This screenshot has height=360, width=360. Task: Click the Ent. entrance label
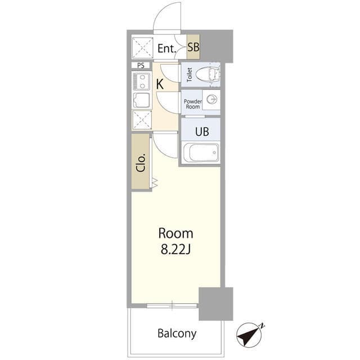point(166,48)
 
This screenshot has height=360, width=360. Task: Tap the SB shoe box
point(193,47)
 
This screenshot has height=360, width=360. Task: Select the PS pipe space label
point(141,65)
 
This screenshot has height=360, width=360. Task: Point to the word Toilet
point(190,75)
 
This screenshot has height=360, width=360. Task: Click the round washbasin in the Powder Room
point(211,100)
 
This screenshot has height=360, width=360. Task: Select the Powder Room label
point(192,104)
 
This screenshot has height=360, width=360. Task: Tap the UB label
point(202,132)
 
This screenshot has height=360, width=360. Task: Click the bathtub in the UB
point(201,152)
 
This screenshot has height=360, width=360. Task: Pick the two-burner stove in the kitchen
point(141,81)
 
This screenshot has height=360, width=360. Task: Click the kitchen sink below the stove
point(141,100)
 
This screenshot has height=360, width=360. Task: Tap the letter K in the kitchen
point(160,84)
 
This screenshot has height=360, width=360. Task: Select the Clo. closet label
point(141,163)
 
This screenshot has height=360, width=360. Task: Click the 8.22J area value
point(175,249)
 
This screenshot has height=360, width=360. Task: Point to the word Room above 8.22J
point(175,233)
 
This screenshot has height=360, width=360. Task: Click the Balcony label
point(177,334)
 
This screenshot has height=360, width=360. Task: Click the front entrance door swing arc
point(162,12)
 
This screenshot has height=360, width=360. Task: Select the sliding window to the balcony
point(172,305)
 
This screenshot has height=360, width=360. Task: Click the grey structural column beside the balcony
point(215,304)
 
